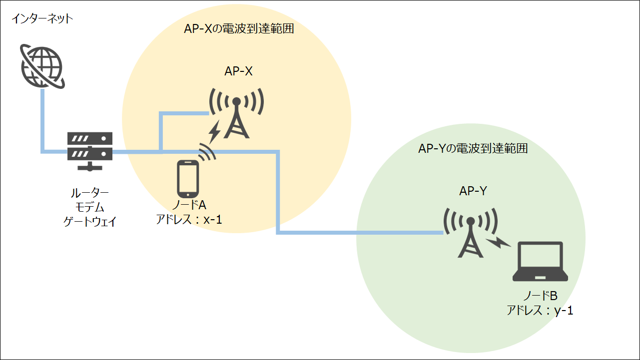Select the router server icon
coord(90,151)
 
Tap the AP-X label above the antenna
coord(238,71)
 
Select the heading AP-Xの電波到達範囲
coord(238,29)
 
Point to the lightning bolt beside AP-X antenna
coord(215,131)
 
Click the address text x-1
coord(212,219)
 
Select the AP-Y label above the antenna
coord(473,191)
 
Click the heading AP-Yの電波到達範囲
coord(473,149)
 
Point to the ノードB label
coord(540,297)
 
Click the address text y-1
coord(564,311)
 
